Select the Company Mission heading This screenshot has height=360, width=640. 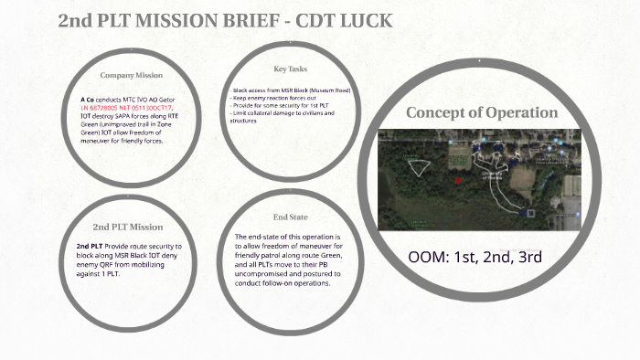tap(132, 75)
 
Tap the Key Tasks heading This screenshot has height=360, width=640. tap(291, 69)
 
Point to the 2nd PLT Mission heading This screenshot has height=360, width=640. tap(128, 227)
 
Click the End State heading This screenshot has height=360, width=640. tap(291, 217)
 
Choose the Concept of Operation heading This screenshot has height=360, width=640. tap(482, 112)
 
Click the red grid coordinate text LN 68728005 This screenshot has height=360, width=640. tap(103, 107)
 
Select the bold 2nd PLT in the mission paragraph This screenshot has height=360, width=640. tap(90, 247)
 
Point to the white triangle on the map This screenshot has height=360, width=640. tap(419, 167)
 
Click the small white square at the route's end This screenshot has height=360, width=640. tap(523, 213)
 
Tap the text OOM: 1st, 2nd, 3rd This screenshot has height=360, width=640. tap(475, 256)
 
